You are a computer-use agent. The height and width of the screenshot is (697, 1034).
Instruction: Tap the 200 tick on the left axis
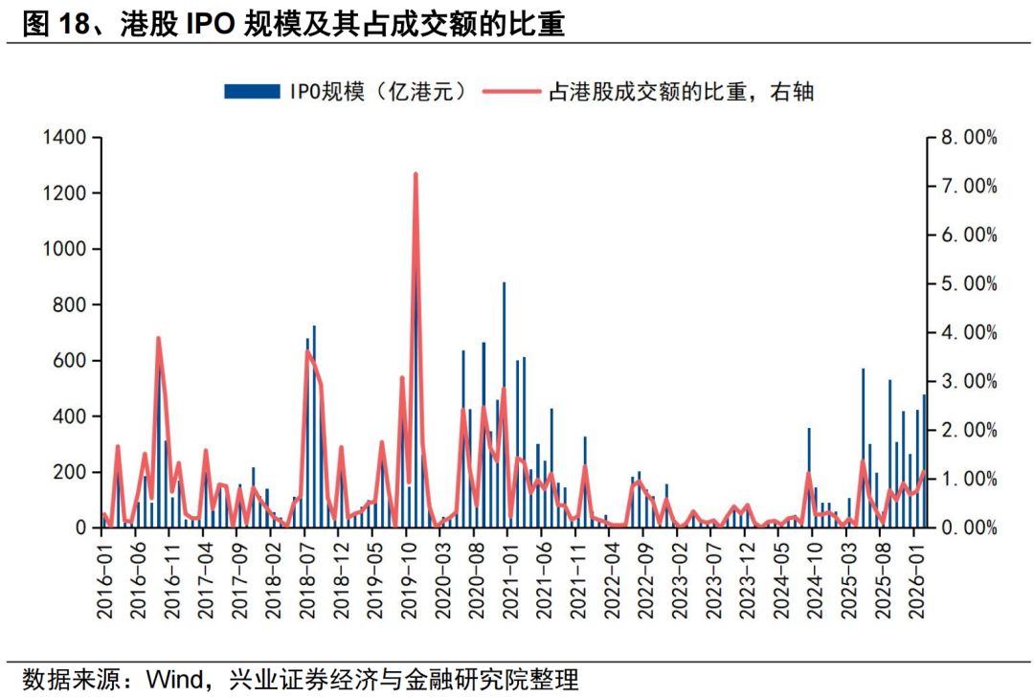71,472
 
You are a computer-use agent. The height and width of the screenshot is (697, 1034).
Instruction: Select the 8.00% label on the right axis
969,138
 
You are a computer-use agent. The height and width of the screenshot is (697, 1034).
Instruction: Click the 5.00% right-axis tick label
969,284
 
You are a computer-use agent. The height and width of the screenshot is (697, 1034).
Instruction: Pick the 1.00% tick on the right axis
969,479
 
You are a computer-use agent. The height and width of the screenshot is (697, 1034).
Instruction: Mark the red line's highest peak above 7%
416,174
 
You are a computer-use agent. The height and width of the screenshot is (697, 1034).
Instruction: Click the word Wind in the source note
171,681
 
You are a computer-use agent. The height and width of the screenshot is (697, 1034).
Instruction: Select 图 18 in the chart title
48,25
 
